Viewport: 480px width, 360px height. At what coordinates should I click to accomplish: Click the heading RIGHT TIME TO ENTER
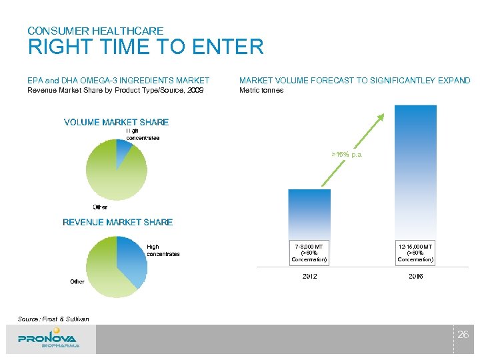point(145,47)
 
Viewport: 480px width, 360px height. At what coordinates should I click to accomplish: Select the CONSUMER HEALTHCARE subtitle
point(95,31)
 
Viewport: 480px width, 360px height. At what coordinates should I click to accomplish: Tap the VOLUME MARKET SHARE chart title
point(116,122)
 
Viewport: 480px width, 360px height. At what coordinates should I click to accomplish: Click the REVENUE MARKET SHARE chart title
point(117,222)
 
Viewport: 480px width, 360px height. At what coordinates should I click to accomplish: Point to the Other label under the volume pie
point(100,207)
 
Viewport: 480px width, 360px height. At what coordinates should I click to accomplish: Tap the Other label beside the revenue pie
point(77,282)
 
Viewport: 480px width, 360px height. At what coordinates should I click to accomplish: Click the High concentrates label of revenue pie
point(163,250)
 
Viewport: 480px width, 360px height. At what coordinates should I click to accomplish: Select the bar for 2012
point(309,213)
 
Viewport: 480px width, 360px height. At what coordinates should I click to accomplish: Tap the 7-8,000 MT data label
point(309,253)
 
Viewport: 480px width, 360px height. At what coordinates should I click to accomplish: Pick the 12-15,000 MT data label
point(415,253)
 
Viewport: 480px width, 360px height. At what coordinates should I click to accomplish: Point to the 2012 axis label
point(309,276)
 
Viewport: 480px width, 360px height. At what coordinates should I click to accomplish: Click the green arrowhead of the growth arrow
point(380,118)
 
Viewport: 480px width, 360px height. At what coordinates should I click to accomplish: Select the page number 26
point(463,335)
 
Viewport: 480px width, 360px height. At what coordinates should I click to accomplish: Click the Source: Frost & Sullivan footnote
point(53,319)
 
